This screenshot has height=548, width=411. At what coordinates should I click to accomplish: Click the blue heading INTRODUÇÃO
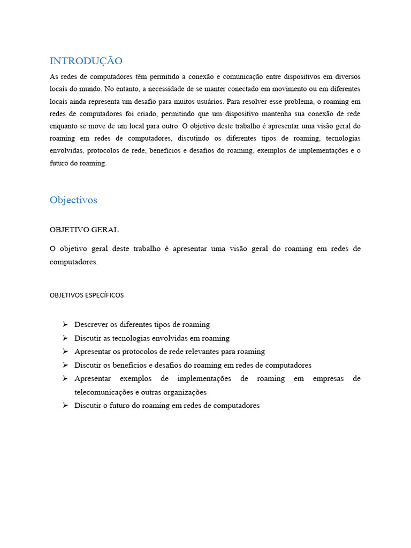[86, 60]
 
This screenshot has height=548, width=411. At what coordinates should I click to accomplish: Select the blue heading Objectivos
[73, 200]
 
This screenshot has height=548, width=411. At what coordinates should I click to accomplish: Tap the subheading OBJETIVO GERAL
[84, 230]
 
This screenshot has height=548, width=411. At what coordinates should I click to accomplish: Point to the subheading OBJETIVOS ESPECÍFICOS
[87, 295]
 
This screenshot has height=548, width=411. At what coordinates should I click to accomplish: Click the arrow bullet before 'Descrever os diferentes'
[65, 324]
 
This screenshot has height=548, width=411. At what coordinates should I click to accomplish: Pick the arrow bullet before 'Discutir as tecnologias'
[65, 338]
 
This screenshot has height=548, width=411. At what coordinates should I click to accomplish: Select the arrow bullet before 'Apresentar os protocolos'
[65, 351]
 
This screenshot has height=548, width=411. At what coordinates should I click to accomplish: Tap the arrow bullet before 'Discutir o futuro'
[65, 405]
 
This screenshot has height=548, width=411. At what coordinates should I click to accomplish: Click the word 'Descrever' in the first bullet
[91, 324]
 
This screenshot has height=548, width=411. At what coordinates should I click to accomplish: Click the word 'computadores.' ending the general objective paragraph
[74, 262]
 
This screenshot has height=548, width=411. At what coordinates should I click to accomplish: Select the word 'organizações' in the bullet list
[185, 392]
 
